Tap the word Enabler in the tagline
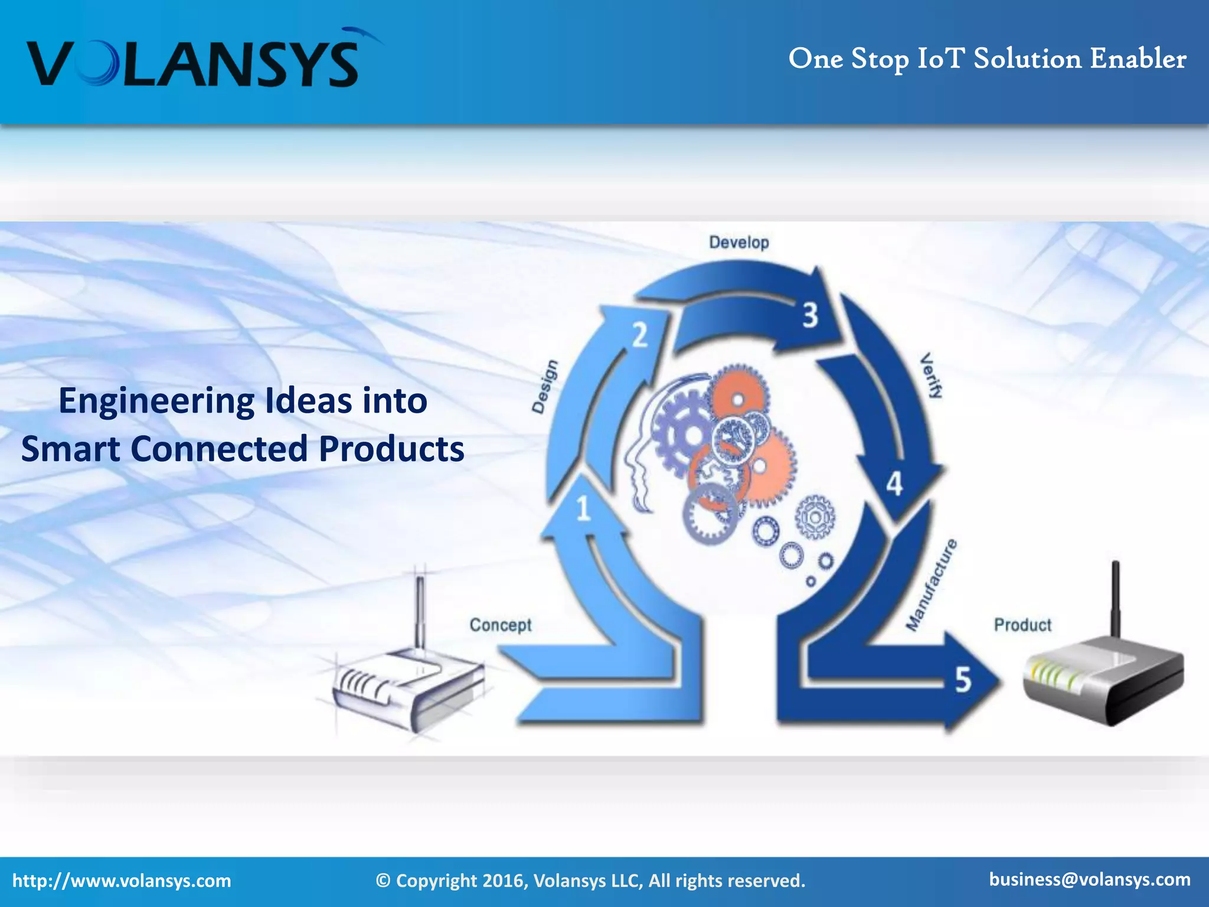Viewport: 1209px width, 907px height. coord(1138,59)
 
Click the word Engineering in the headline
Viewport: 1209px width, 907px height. coord(157,401)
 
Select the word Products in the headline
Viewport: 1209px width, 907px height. coord(391,449)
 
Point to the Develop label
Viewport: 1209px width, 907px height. coord(739,243)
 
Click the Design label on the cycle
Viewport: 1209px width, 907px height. coord(544,386)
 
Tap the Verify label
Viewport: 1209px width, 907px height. coord(932,376)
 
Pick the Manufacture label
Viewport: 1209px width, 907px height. coord(932,585)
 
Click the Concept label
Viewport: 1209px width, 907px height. coord(500,625)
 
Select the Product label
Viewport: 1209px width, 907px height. coord(1022,625)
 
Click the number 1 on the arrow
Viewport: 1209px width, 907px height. coord(583,508)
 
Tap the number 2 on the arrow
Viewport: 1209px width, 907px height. coord(640,335)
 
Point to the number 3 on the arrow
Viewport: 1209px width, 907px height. coord(810,315)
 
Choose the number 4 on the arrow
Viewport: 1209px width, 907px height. coord(894,484)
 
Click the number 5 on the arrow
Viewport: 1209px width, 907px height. coord(963,680)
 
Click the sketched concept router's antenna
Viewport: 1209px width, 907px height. coord(420,611)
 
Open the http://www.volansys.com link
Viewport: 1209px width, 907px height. coord(122,881)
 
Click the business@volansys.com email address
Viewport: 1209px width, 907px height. coord(1090,879)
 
